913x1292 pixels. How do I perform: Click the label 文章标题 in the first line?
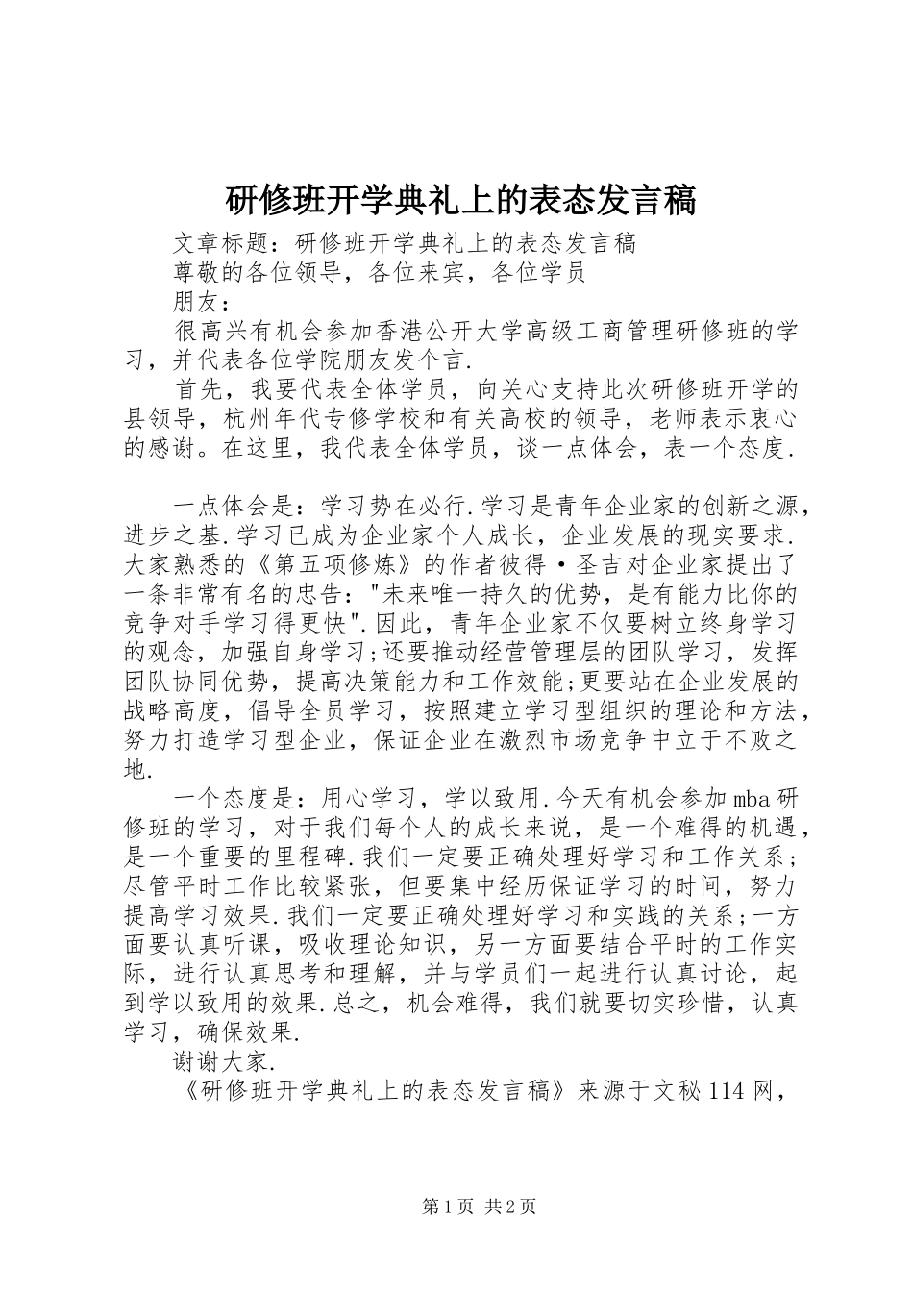point(223,242)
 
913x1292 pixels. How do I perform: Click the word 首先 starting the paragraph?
point(198,390)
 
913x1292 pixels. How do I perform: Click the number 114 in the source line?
point(727,1094)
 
